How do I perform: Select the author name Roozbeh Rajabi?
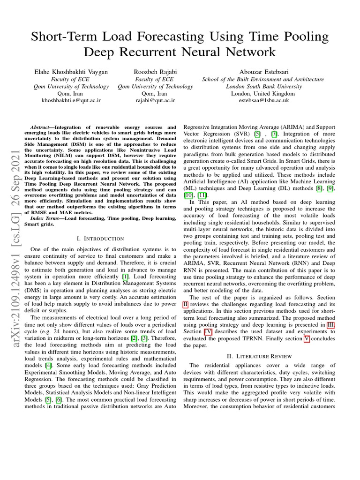pyautogui.click(x=155, y=72)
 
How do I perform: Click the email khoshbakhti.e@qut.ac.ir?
pyautogui.click(x=71, y=100)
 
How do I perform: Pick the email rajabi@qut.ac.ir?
pyautogui.click(x=155, y=100)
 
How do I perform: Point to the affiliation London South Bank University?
pyautogui.click(x=263, y=86)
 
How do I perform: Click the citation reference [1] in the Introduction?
pyautogui.click(x=126, y=277)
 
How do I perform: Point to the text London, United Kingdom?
pyautogui.click(x=263, y=93)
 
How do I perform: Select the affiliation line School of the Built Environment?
pyautogui.click(x=263, y=79)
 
